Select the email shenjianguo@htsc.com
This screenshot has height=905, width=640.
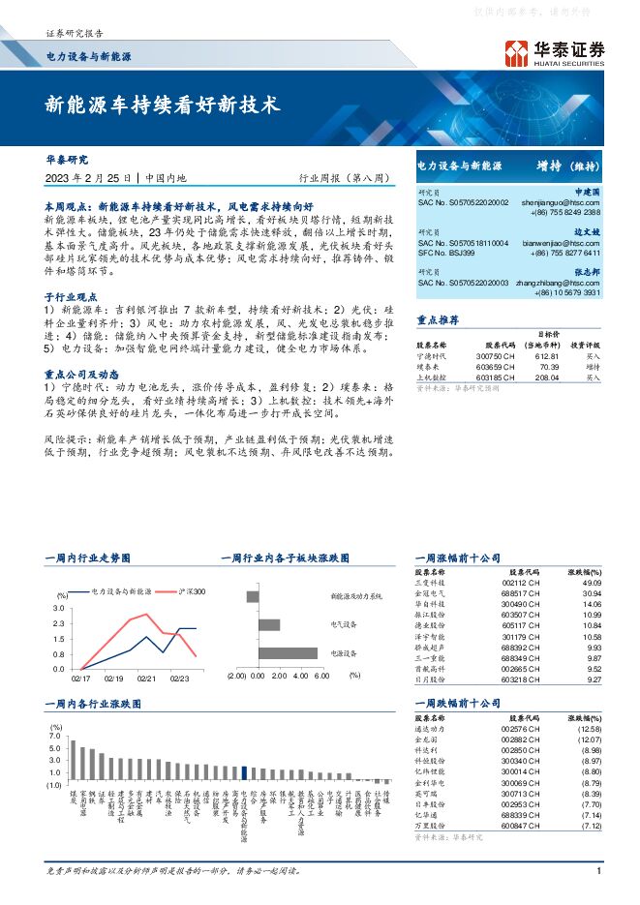pyautogui.click(x=562, y=201)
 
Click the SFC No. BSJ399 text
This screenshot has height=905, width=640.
pyautogui.click(x=446, y=253)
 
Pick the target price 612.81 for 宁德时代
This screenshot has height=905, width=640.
pyautogui.click(x=548, y=357)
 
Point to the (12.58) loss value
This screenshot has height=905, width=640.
pyautogui.click(x=587, y=728)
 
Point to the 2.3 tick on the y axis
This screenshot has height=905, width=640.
pyautogui.click(x=58, y=622)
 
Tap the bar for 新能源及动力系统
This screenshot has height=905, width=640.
pyautogui.click(x=253, y=596)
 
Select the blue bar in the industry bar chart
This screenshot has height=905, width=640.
pyautogui.click(x=245, y=771)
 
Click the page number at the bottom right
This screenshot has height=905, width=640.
pyautogui.click(x=599, y=870)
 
